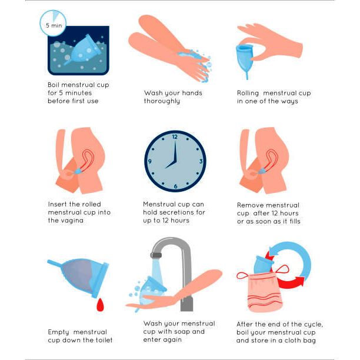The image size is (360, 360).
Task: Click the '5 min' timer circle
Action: click(54, 23)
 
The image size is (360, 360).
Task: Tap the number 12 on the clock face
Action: click(175, 137)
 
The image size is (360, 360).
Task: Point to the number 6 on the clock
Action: click(176, 186)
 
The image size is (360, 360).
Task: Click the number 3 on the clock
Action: click(201, 161)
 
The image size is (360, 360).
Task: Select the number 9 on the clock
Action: click(149, 161)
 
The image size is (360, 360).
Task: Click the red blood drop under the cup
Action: click(100, 305)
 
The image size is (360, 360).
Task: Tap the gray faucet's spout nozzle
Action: click(156, 255)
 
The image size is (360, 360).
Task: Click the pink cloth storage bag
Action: click(265, 292)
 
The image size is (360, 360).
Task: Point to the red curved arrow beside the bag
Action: click(290, 282)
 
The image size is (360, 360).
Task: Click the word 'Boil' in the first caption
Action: click(54, 85)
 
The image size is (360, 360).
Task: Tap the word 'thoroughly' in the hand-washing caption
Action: click(162, 101)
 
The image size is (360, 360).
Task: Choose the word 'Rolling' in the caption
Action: click(248, 93)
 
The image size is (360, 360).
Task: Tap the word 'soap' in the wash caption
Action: click(182, 332)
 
